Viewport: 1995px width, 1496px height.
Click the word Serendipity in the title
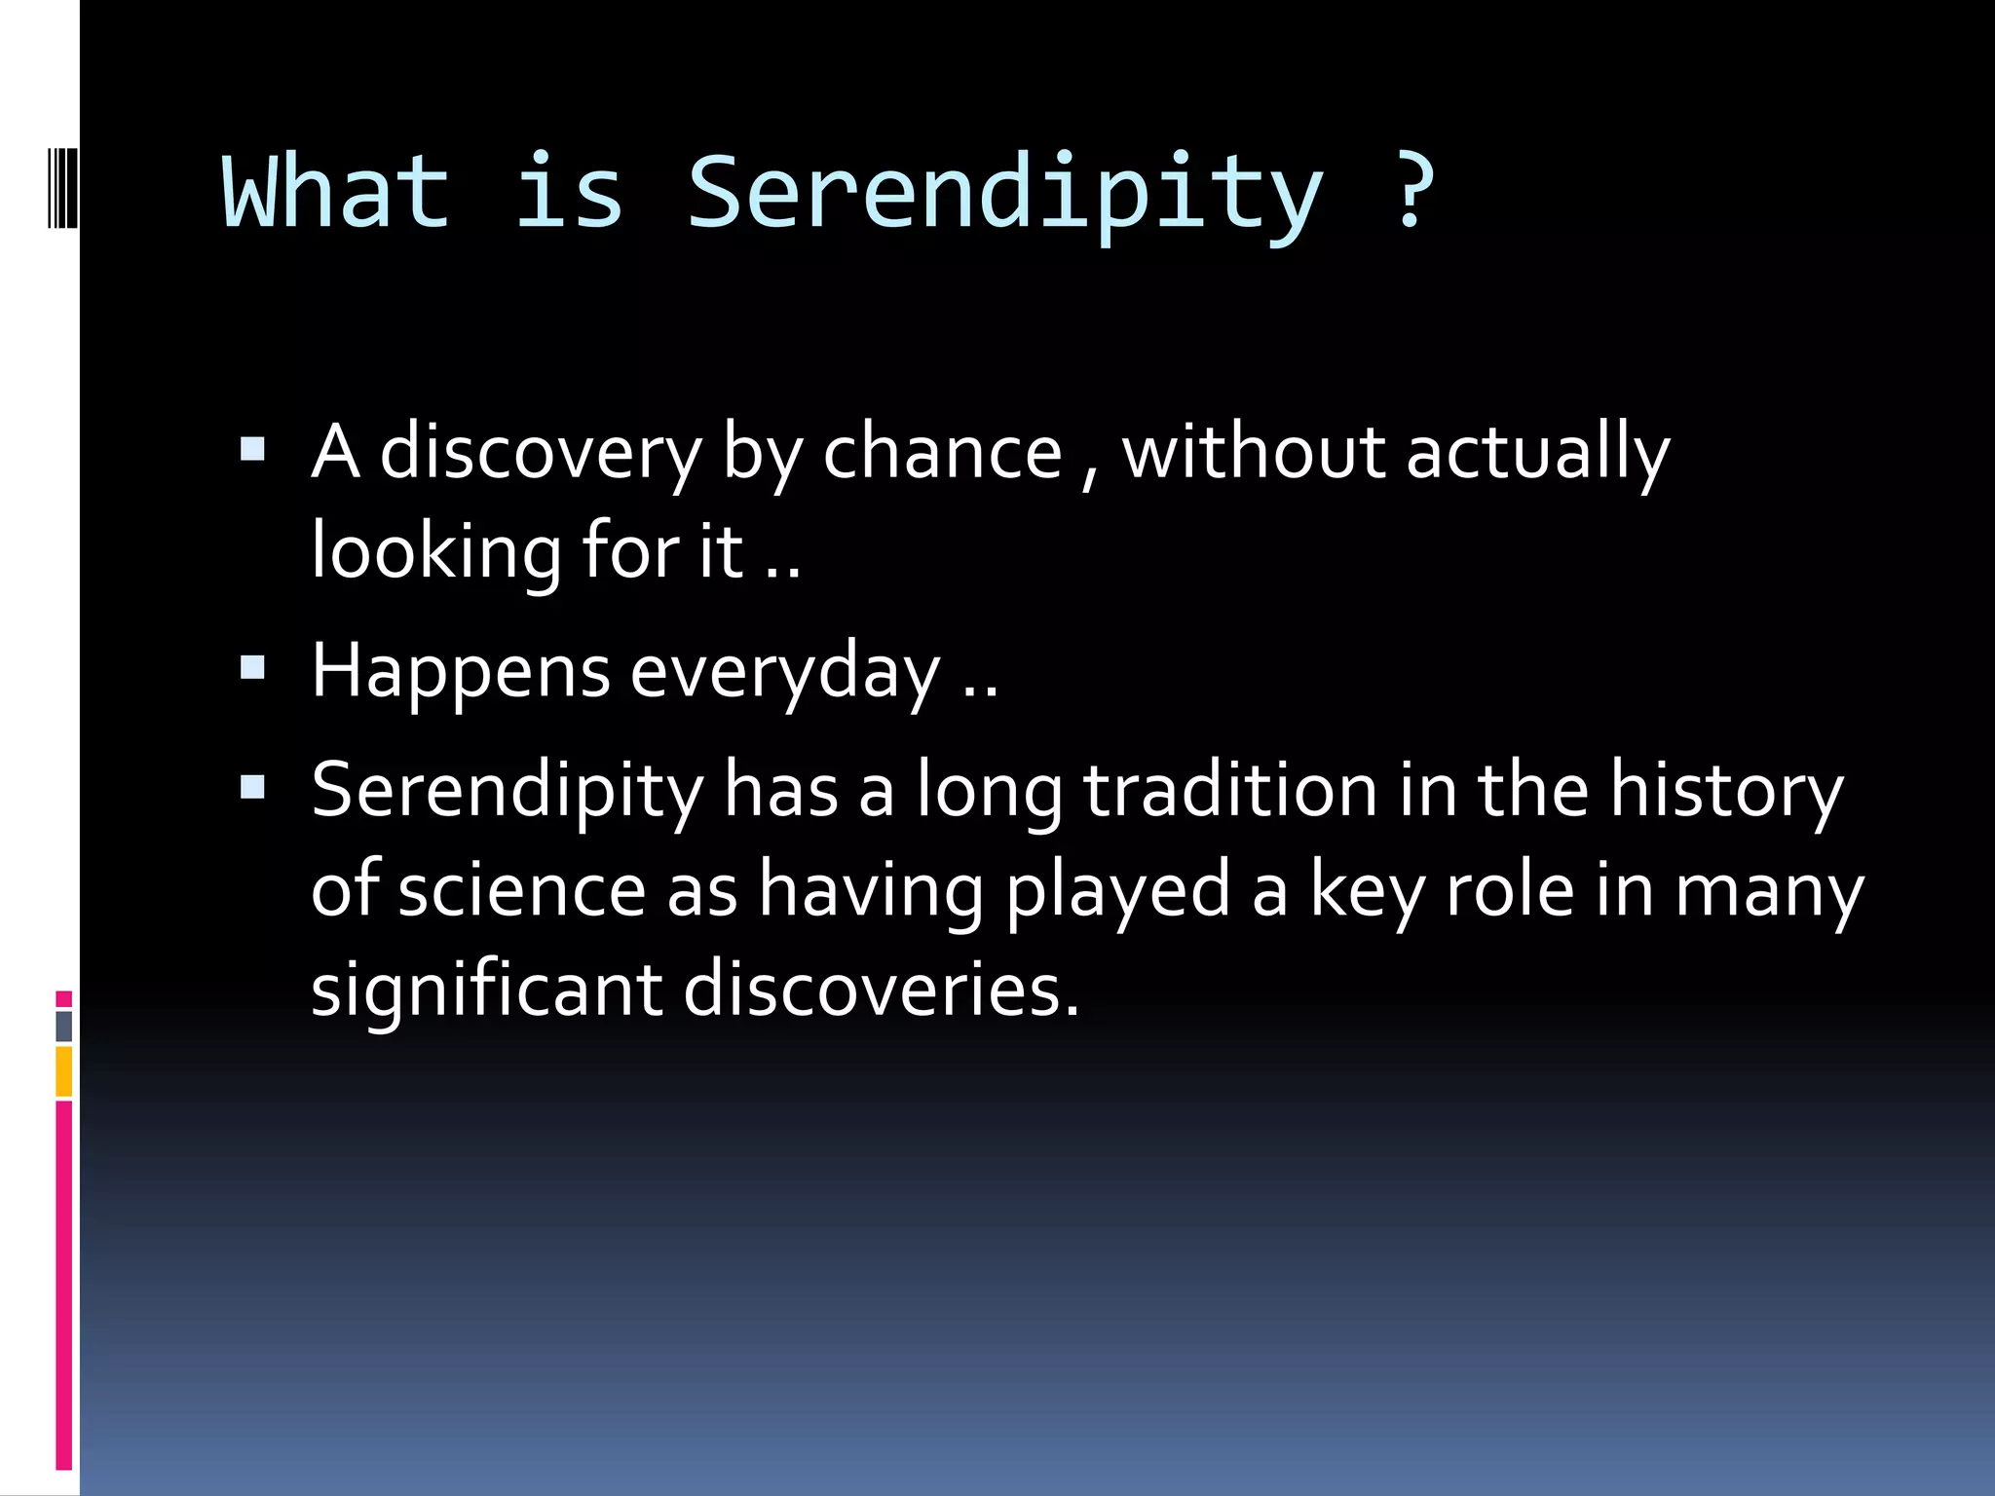tap(1005, 195)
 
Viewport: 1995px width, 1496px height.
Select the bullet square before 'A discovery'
tap(252, 450)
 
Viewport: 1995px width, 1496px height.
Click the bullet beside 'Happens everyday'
tap(252, 668)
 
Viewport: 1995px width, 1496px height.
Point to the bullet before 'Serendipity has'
tap(252, 787)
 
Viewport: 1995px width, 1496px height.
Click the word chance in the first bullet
tap(942, 454)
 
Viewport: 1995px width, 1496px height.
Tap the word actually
tap(1538, 454)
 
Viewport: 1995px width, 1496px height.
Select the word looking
tap(435, 553)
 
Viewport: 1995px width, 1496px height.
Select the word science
tap(521, 891)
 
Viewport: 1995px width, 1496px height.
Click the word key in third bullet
tap(1366, 891)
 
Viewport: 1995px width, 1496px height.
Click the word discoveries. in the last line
tap(881, 990)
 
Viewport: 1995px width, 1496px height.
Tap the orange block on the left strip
tap(64, 1071)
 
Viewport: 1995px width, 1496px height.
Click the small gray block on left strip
tap(64, 1026)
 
